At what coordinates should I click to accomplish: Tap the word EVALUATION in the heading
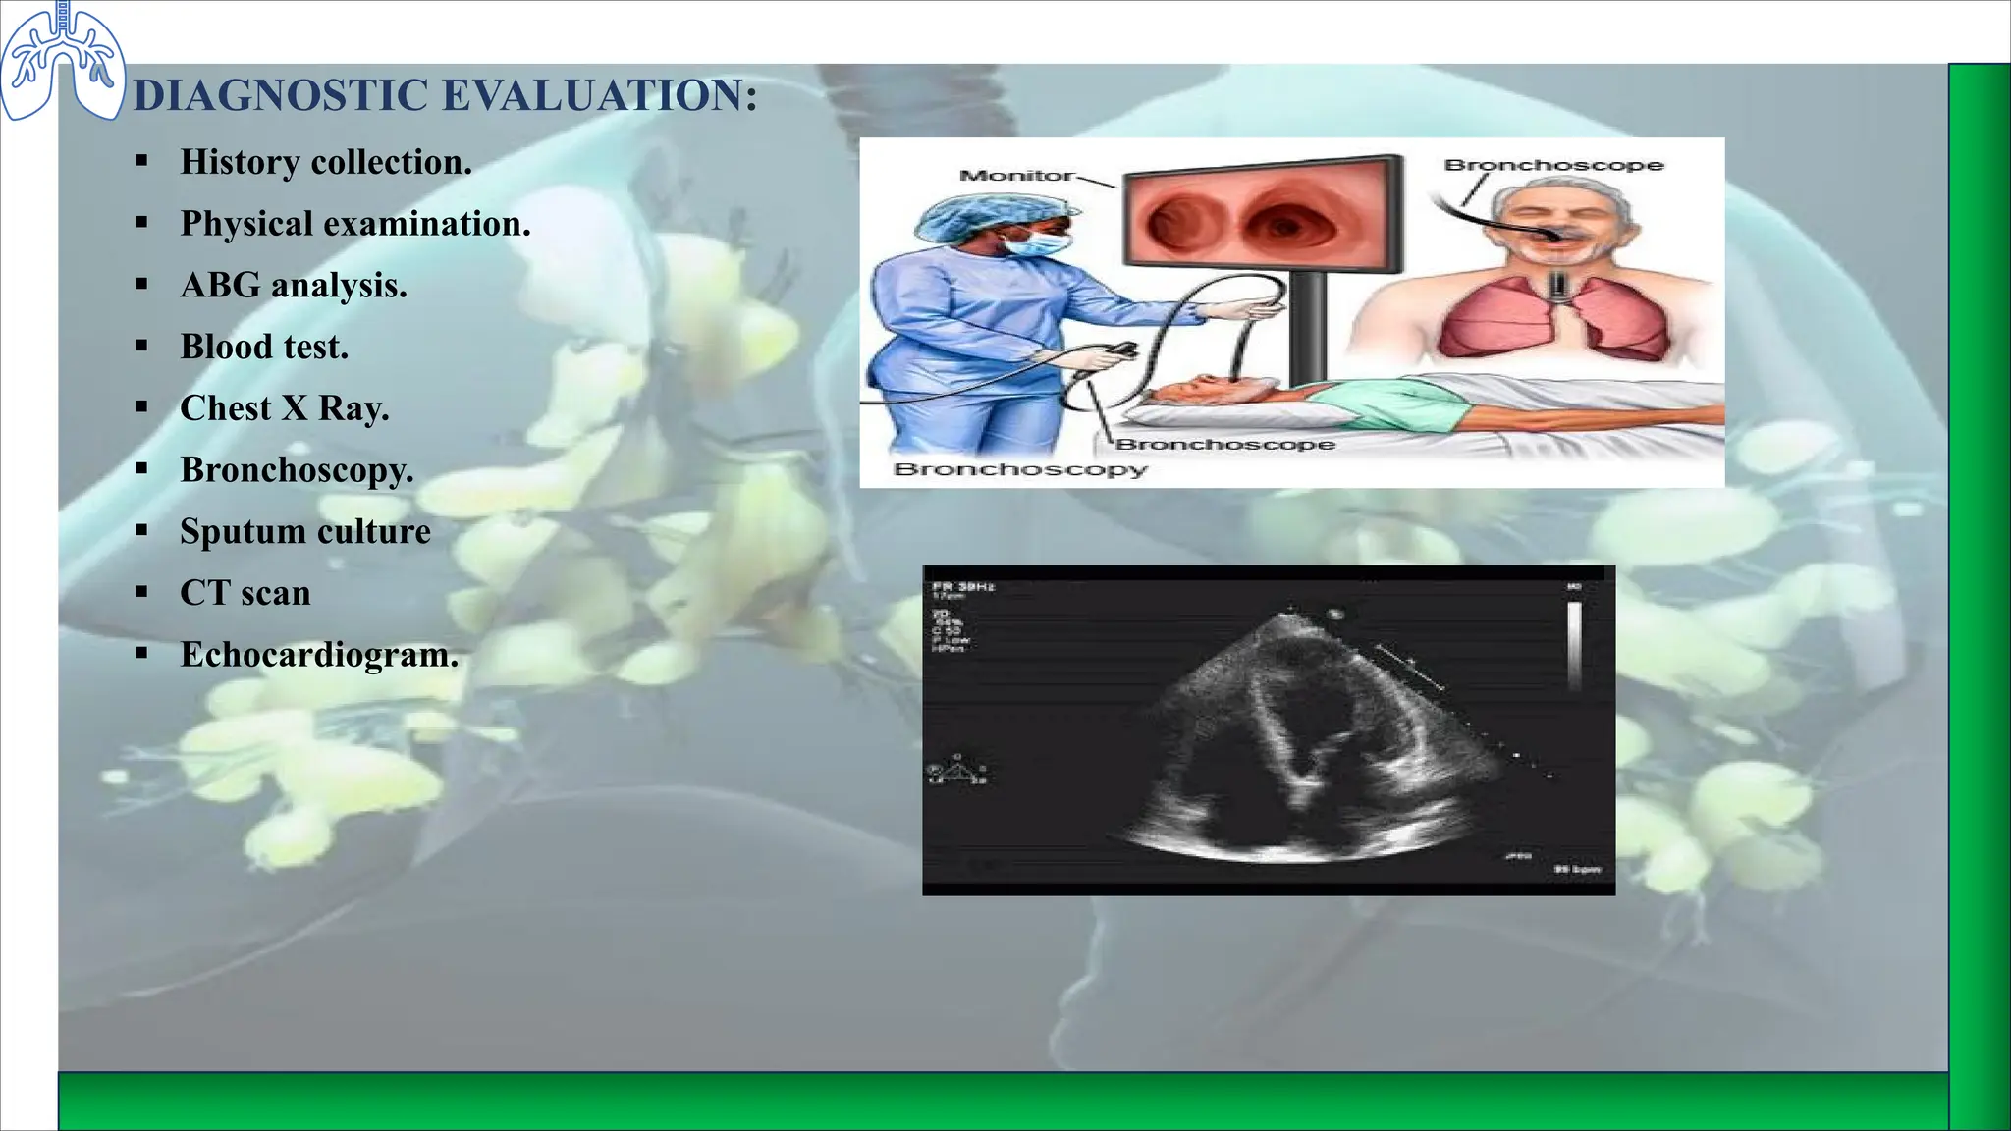click(599, 96)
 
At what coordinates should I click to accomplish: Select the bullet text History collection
click(326, 162)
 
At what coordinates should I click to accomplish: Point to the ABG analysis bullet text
click(293, 286)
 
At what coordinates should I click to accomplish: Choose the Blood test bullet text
click(264, 347)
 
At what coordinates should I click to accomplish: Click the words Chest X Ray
click(285, 408)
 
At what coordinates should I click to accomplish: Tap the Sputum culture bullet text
click(305, 531)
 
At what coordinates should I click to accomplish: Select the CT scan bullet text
click(245, 593)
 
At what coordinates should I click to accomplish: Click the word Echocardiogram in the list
click(319, 655)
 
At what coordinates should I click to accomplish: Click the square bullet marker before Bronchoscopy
click(142, 469)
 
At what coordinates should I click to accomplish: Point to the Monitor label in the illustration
click(1016, 176)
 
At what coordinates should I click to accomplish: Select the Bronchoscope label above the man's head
click(1553, 165)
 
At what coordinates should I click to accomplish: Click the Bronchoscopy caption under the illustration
click(1020, 469)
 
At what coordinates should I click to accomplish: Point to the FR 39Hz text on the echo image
click(963, 587)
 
